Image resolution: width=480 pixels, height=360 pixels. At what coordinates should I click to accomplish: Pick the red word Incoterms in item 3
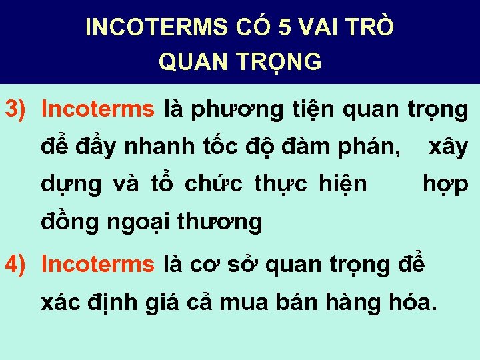pos(97,109)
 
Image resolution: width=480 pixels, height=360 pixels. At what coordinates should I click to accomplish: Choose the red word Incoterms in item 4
pos(97,264)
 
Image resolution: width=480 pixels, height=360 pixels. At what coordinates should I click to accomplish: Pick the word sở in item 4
pos(242,264)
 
